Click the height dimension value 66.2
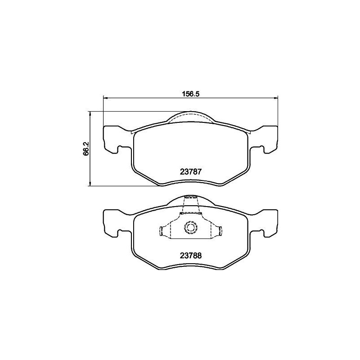[x=85, y=148]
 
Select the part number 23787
[x=190, y=171]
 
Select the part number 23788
[x=190, y=255]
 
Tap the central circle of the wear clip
[x=191, y=228]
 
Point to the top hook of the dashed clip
[x=191, y=197]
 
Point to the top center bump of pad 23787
[x=191, y=116]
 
